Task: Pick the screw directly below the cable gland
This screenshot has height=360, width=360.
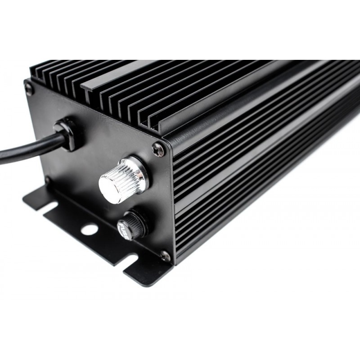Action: point(47,180)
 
